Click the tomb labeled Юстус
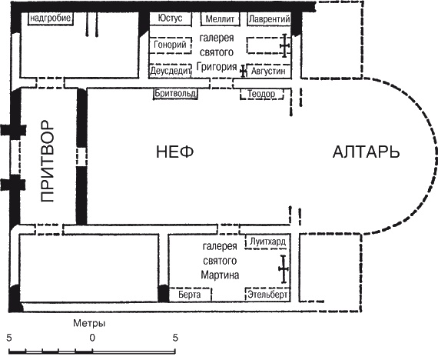point(171,18)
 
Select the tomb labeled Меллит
point(220,19)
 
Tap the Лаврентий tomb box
point(269,19)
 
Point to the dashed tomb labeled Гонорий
point(170,45)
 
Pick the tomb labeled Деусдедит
point(170,71)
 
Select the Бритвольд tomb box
point(175,93)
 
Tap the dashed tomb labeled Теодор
point(262,94)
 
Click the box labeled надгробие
point(51,18)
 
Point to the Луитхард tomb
point(267,242)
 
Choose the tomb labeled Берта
point(190,295)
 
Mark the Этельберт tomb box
point(267,295)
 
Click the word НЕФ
point(175,152)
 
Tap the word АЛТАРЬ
point(367,152)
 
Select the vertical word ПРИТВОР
point(47,161)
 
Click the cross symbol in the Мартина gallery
point(284,268)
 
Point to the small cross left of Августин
point(244,72)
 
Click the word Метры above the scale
point(89,323)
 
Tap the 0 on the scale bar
point(92,338)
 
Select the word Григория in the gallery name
point(217,67)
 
